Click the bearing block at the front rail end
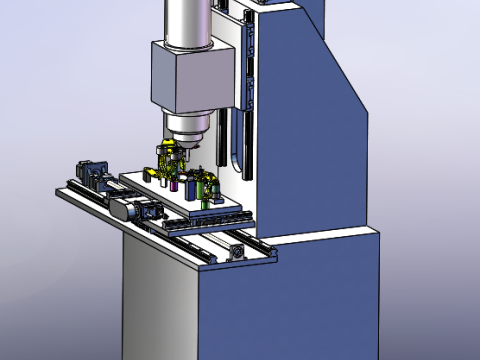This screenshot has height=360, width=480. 236,250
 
